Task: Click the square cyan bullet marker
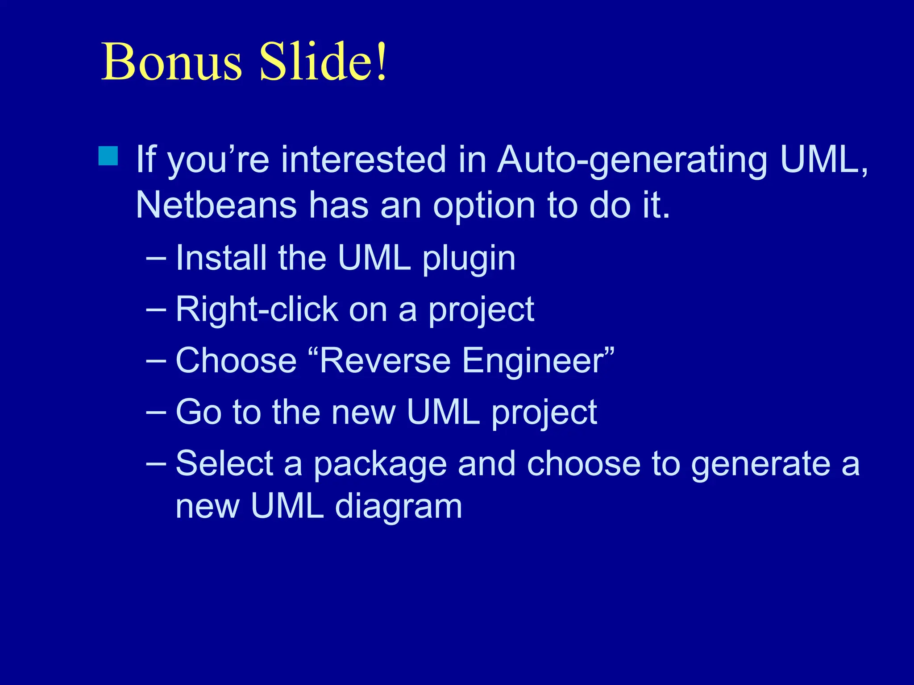tap(108, 156)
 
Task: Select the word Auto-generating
tap(632, 161)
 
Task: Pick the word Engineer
tap(533, 361)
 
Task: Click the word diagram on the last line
tap(398, 508)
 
